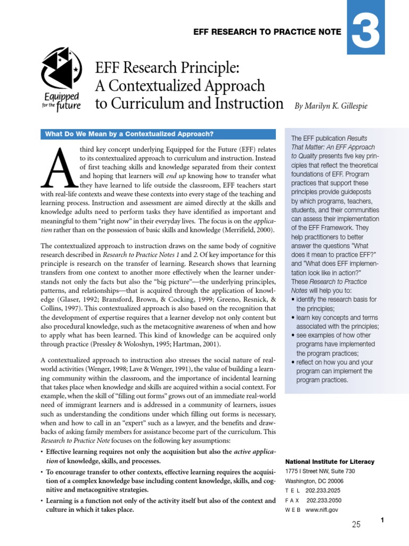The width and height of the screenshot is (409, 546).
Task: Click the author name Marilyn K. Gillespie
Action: (x=331, y=106)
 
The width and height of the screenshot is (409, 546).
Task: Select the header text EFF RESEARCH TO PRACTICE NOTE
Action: (x=267, y=32)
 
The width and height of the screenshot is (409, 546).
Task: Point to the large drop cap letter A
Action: (x=59, y=168)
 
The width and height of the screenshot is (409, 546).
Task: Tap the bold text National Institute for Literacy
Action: (x=330, y=462)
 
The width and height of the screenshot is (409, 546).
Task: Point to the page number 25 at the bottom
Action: (x=356, y=525)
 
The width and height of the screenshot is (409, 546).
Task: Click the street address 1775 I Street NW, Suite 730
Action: (x=326, y=471)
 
